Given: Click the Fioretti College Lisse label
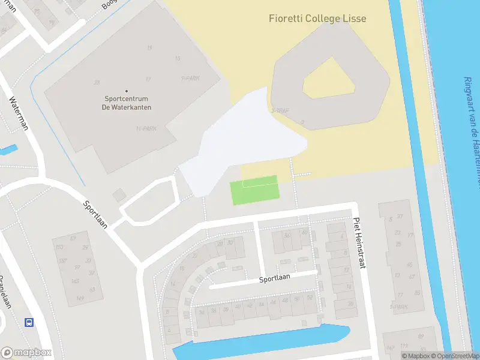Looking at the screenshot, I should [317, 19].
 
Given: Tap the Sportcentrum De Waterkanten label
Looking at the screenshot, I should [127, 103].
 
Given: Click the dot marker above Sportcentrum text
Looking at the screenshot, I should [127, 91].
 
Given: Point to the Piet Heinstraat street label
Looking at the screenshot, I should [358, 242].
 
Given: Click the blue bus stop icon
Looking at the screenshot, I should [28, 322].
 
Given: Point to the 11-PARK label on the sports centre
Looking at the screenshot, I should [146, 128].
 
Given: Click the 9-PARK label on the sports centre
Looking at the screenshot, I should [191, 78].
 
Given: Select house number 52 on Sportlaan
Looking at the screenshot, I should [310, 298].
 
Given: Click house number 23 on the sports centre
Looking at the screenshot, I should [97, 82].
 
